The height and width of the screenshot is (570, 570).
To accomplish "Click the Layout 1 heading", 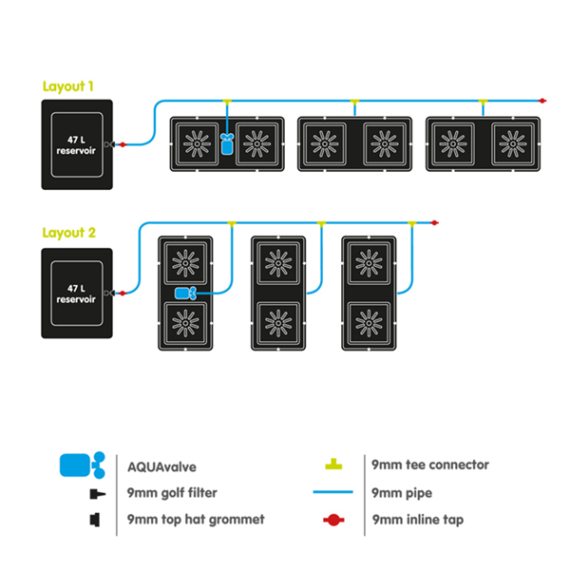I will (68, 85).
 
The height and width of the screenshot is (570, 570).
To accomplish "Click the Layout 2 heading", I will (68, 232).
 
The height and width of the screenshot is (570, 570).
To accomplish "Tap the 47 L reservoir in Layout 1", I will (77, 143).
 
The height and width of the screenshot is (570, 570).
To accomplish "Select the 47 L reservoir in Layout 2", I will (77, 293).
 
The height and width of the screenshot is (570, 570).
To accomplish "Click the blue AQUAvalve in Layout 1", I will (226, 143).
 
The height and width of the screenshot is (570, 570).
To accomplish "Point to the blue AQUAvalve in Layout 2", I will (185, 293).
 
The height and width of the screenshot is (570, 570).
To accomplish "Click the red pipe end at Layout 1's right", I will (540, 100).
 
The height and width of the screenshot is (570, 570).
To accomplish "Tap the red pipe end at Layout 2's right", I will (435, 223).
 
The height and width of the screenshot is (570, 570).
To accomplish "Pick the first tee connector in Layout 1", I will (226, 101).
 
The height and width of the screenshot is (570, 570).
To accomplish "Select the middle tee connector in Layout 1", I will (354, 101).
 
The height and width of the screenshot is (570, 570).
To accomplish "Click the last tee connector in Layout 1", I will (483, 101).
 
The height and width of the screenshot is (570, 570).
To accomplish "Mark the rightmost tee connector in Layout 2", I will (411, 224).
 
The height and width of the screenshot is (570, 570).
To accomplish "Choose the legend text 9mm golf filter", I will (171, 493).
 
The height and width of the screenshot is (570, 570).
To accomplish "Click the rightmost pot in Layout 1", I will (511, 143).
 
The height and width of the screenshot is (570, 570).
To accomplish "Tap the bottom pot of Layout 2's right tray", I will (369, 323).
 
